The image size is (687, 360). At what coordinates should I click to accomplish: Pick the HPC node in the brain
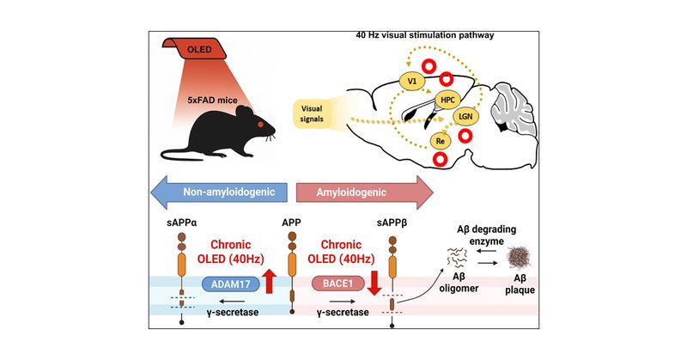[x=448, y=101]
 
